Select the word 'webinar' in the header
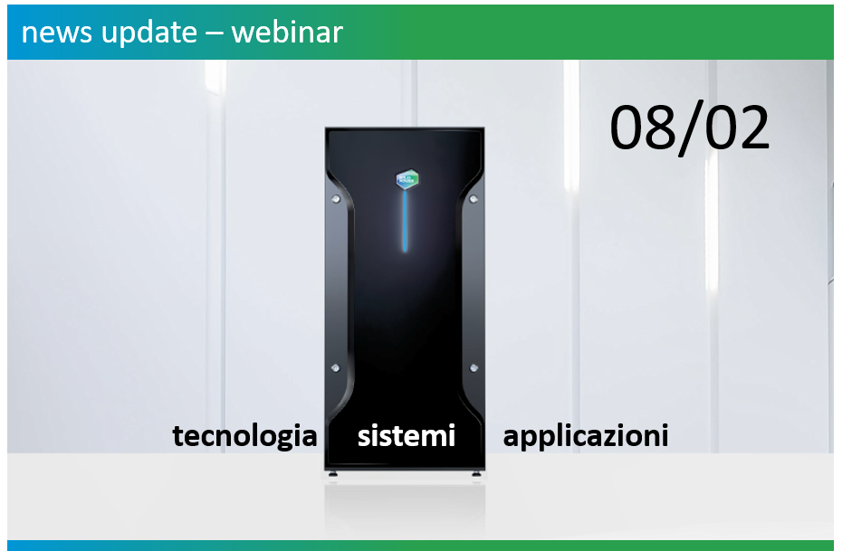click(287, 33)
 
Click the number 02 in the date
click(736, 128)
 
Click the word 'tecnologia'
click(244, 436)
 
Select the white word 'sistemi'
click(406, 435)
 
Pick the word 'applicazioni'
click(586, 436)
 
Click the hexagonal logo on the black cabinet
click(406, 178)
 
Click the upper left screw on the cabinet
click(337, 197)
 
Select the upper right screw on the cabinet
click(474, 197)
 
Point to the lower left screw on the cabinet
click(337, 367)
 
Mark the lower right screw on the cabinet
click(474, 367)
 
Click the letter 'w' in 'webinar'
click(243, 33)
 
